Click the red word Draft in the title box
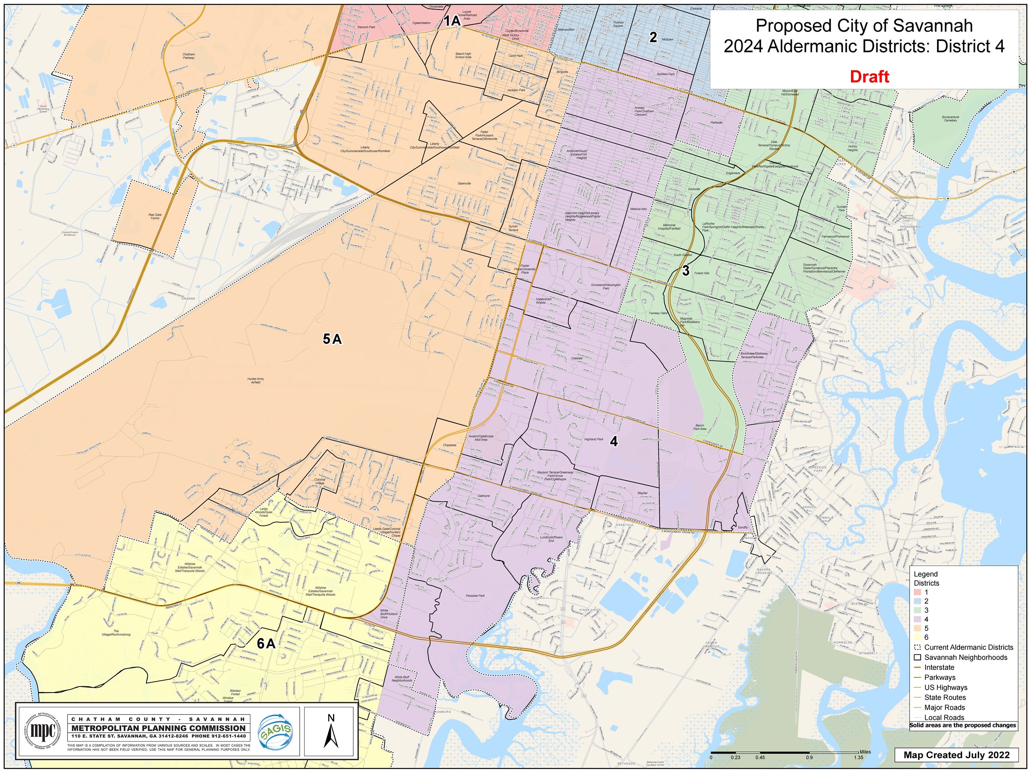(869, 77)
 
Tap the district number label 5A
(332, 339)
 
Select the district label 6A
(266, 644)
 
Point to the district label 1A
(451, 21)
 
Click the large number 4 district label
(614, 441)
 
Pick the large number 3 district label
(686, 271)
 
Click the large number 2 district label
(653, 37)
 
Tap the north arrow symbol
(331, 731)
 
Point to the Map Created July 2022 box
(956, 754)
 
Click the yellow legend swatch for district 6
(917, 637)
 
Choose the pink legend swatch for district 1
(917, 592)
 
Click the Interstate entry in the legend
(939, 667)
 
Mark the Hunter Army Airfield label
(255, 381)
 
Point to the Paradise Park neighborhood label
(475, 595)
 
